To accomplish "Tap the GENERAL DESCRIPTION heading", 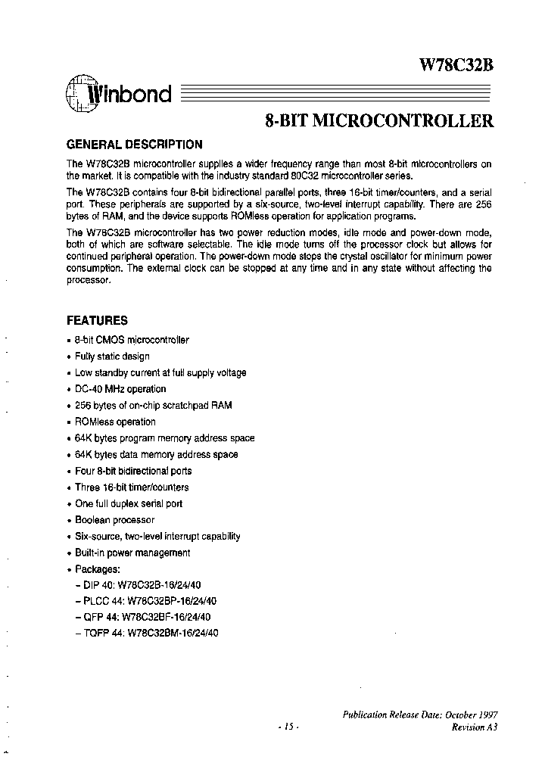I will click(x=135, y=145).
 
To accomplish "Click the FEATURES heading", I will click(x=98, y=320).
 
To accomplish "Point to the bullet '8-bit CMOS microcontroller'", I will click(x=132, y=340).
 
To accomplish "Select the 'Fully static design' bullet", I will click(x=112, y=357).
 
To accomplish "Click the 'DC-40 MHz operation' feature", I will click(x=120, y=389).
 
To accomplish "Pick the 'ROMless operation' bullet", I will click(x=115, y=422).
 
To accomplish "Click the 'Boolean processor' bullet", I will click(x=114, y=520).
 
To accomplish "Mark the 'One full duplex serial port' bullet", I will click(x=129, y=503).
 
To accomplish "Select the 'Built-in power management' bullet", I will click(x=132, y=553).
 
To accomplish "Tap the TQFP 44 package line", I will click(x=154, y=634).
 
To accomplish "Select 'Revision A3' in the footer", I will click(x=475, y=727).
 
